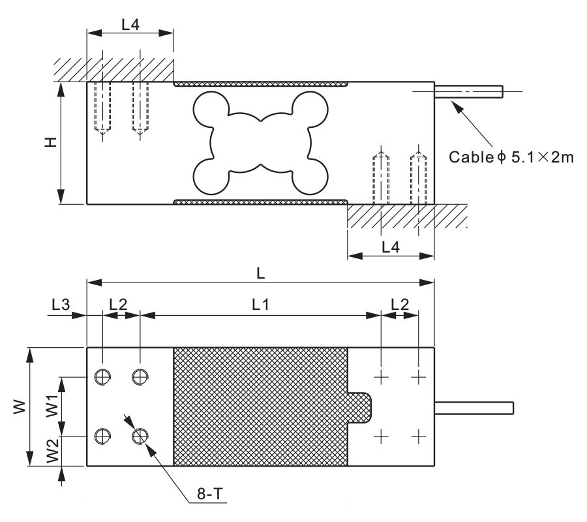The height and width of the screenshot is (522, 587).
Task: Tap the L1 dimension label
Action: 260,304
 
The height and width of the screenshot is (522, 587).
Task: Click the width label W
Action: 20,407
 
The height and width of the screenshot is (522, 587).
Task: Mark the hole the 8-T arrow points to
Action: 140,435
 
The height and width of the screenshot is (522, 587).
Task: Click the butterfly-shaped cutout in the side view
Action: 260,142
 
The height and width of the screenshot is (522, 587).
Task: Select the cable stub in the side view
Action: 469,91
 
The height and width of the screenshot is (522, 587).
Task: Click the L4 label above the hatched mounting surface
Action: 130,24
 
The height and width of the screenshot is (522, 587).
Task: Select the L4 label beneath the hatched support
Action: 391,247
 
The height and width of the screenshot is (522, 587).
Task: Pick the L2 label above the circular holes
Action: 119,304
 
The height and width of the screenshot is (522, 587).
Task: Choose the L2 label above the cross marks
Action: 399,304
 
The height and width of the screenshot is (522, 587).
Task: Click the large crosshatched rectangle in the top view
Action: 260,407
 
